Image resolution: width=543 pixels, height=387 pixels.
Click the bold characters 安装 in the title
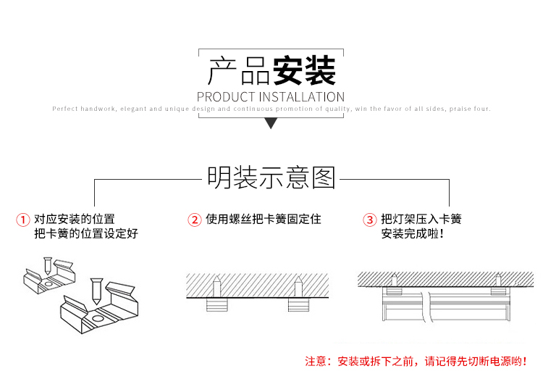304,71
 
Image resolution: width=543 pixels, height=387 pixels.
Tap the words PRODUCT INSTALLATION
271,96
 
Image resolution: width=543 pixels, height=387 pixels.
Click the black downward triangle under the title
271,124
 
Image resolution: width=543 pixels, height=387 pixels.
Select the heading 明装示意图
271,178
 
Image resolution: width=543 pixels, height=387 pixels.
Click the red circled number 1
23,220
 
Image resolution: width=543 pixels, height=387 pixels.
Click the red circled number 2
194,220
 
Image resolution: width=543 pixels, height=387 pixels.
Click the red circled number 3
369,220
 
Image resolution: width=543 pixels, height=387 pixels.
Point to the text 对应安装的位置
75,219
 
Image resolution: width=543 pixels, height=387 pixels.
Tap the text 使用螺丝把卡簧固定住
264,219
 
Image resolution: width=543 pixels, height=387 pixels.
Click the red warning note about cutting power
416,360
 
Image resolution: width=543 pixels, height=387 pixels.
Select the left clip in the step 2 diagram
217,302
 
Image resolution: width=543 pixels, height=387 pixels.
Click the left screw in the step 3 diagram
395,279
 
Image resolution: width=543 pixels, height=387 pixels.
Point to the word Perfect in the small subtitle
64,109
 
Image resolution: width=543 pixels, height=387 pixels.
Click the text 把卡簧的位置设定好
85,234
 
